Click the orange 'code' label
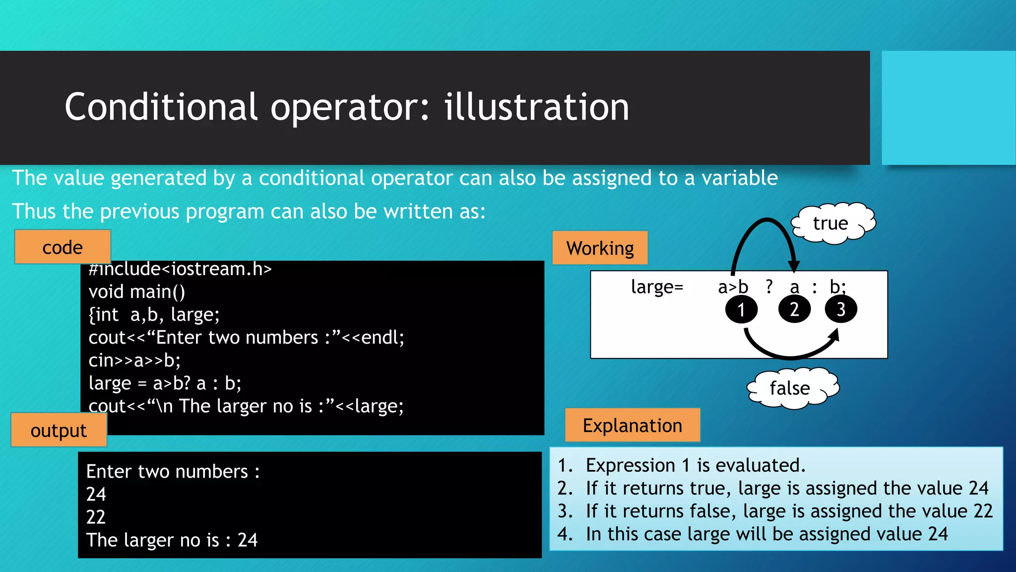coord(63,247)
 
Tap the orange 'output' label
coord(59,430)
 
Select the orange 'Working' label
coord(600,248)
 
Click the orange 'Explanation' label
coord(632,426)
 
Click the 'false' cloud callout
coord(791,388)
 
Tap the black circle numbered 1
coord(741,309)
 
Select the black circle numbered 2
coord(794,309)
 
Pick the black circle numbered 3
coord(841,309)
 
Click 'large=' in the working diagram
coord(657,286)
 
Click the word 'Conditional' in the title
coord(161,107)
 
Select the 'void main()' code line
coord(136,291)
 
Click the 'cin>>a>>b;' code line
coord(134,360)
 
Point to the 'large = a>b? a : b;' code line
coord(165,383)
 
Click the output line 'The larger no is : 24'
coord(172,540)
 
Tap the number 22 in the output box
coord(96,517)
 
